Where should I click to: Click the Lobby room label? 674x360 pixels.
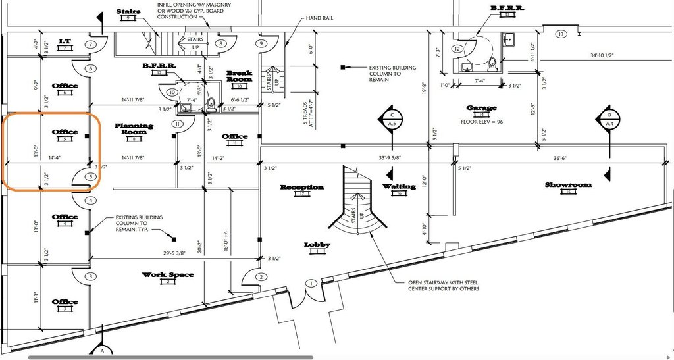tap(317, 245)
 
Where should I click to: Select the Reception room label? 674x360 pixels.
tap(302, 187)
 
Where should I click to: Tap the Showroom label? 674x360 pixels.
tap(569, 185)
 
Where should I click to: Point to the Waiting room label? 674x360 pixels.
tap(400, 186)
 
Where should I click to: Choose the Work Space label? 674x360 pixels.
tap(168, 274)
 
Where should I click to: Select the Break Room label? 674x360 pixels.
tap(240, 76)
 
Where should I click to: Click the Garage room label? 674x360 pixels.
tap(481, 107)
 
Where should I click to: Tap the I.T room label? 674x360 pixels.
tap(65, 41)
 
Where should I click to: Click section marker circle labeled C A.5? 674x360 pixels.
tap(391, 118)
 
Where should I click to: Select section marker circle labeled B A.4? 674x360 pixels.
tap(608, 118)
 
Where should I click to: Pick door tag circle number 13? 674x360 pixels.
tap(561, 34)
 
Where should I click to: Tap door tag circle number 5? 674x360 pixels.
tap(91, 177)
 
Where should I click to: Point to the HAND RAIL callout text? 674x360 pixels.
tap(320, 18)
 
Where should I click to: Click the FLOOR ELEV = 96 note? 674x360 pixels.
tap(482, 122)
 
